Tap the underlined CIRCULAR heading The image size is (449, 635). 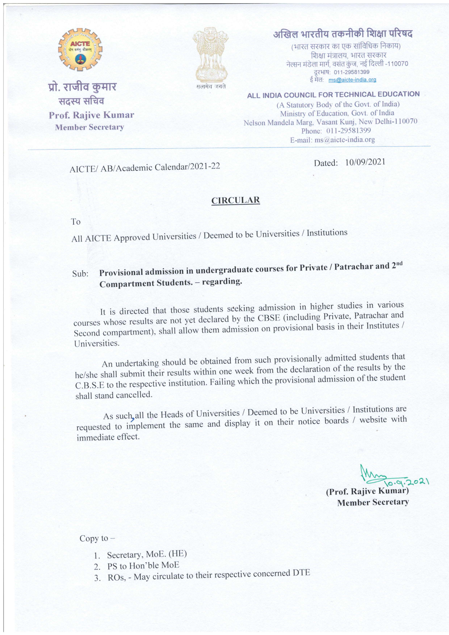[235, 200]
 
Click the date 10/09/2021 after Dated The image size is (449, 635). [365, 162]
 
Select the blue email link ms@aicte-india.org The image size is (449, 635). [352, 80]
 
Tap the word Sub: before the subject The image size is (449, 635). [80, 274]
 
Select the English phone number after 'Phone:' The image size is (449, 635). [348, 130]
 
